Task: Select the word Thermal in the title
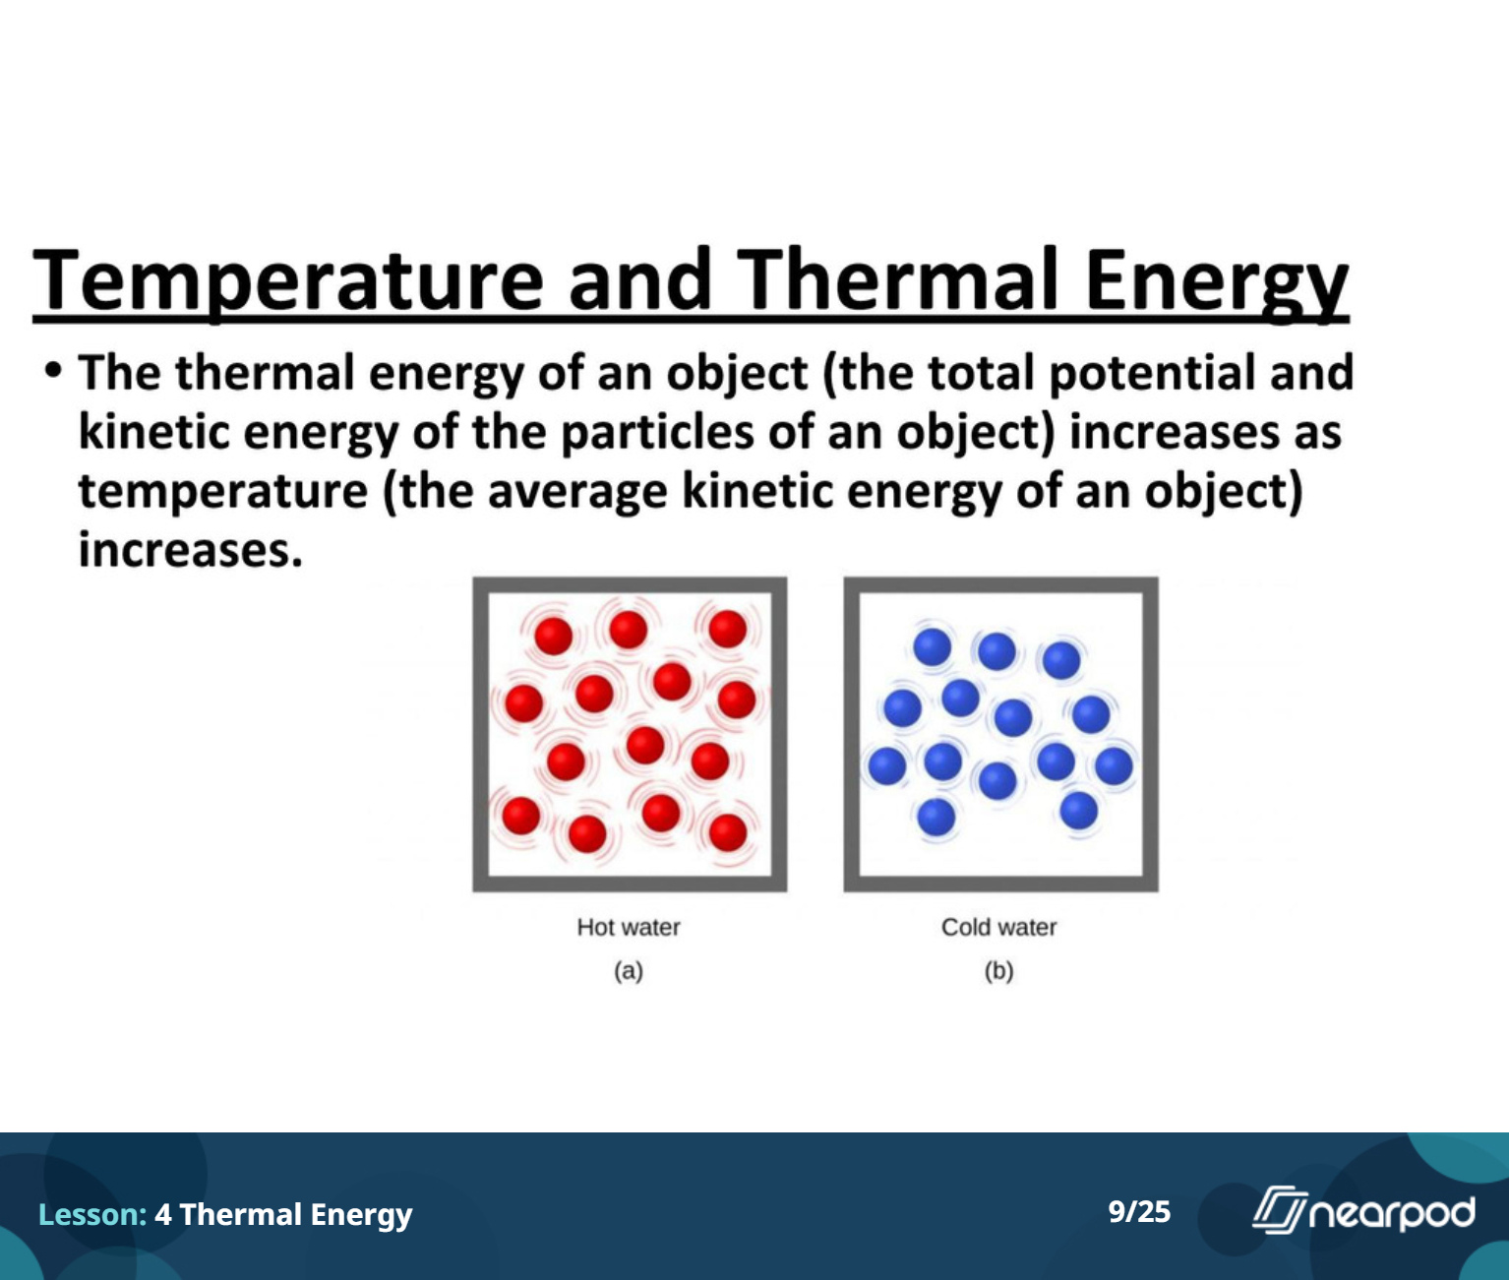[897, 280]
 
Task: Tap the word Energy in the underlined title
[1216, 284]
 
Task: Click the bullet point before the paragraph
[52, 370]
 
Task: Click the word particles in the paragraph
[657, 433]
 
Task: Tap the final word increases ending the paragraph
[190, 550]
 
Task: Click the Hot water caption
[629, 927]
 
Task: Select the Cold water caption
[998, 927]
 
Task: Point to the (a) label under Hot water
[629, 971]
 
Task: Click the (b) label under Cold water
[998, 971]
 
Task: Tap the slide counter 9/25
[1139, 1211]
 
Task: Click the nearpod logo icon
[1279, 1209]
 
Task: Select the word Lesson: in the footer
[92, 1214]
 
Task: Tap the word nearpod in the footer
[1392, 1213]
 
